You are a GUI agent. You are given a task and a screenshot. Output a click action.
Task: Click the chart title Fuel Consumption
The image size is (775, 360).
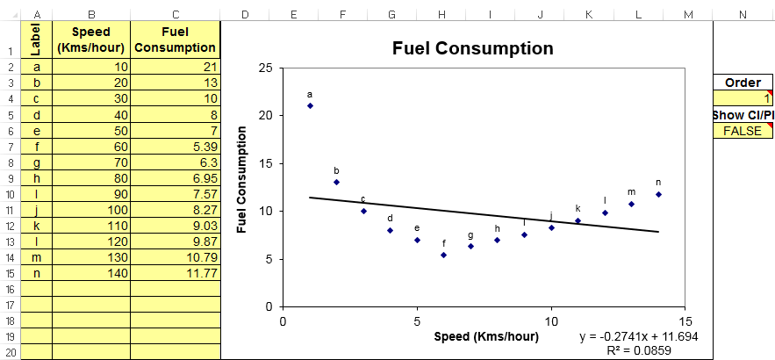pyautogui.click(x=472, y=48)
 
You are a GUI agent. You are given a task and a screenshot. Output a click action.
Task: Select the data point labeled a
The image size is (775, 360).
pyautogui.click(x=310, y=105)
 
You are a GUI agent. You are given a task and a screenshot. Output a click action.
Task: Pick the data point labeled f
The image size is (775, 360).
pyautogui.click(x=444, y=255)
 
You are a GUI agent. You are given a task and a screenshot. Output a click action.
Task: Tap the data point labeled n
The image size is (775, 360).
pyautogui.click(x=658, y=194)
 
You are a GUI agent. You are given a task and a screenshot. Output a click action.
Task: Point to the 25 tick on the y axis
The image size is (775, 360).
pyautogui.click(x=265, y=68)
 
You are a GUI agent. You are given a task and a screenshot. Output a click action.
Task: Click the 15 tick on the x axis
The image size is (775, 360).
pyautogui.click(x=685, y=320)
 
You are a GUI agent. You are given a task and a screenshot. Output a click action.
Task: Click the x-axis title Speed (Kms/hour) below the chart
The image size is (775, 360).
pyautogui.click(x=485, y=336)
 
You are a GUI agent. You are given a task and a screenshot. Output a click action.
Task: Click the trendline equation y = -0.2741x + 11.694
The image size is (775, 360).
pyautogui.click(x=638, y=337)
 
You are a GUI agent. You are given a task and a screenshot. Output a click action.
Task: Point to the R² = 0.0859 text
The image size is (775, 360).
pyautogui.click(x=652, y=350)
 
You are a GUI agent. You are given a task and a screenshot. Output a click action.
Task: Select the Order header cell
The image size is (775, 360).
pyautogui.click(x=743, y=83)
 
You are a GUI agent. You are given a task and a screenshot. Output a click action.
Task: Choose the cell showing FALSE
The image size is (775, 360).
pyautogui.click(x=743, y=131)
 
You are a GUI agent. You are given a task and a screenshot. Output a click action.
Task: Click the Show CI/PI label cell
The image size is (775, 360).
pyautogui.click(x=743, y=115)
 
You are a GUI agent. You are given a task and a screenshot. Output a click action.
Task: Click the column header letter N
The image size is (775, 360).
pyautogui.click(x=743, y=14)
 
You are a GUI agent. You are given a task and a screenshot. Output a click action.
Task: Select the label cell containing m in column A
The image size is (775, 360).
pyautogui.click(x=36, y=257)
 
